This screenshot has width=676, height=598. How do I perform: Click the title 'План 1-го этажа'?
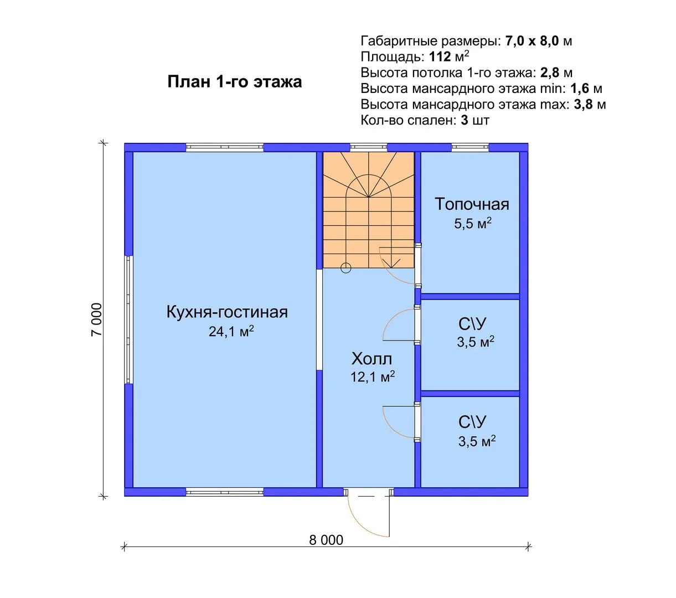235,82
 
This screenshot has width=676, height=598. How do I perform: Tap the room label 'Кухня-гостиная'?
227,312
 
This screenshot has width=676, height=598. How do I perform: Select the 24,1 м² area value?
231,331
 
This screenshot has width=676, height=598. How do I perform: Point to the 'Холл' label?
371,359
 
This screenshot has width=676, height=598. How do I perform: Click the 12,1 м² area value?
373,377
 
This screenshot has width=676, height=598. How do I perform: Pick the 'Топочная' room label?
472,204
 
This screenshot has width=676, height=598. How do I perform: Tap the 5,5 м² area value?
472,223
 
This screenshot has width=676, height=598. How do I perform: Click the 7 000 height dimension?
97,319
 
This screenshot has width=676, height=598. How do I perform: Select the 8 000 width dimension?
326,540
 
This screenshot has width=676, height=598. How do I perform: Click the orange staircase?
368,210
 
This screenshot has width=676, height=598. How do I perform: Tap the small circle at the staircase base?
346,268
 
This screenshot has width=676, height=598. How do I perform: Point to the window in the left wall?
129,319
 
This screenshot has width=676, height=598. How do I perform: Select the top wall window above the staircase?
368,147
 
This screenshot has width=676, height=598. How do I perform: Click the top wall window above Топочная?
470,147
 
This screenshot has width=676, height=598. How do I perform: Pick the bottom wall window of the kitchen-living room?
225,492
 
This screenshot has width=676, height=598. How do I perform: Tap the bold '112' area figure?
440,56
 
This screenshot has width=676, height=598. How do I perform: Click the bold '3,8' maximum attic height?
583,105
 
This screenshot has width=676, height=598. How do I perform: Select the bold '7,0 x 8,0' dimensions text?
532,41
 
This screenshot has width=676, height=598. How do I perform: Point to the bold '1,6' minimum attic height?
580,89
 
